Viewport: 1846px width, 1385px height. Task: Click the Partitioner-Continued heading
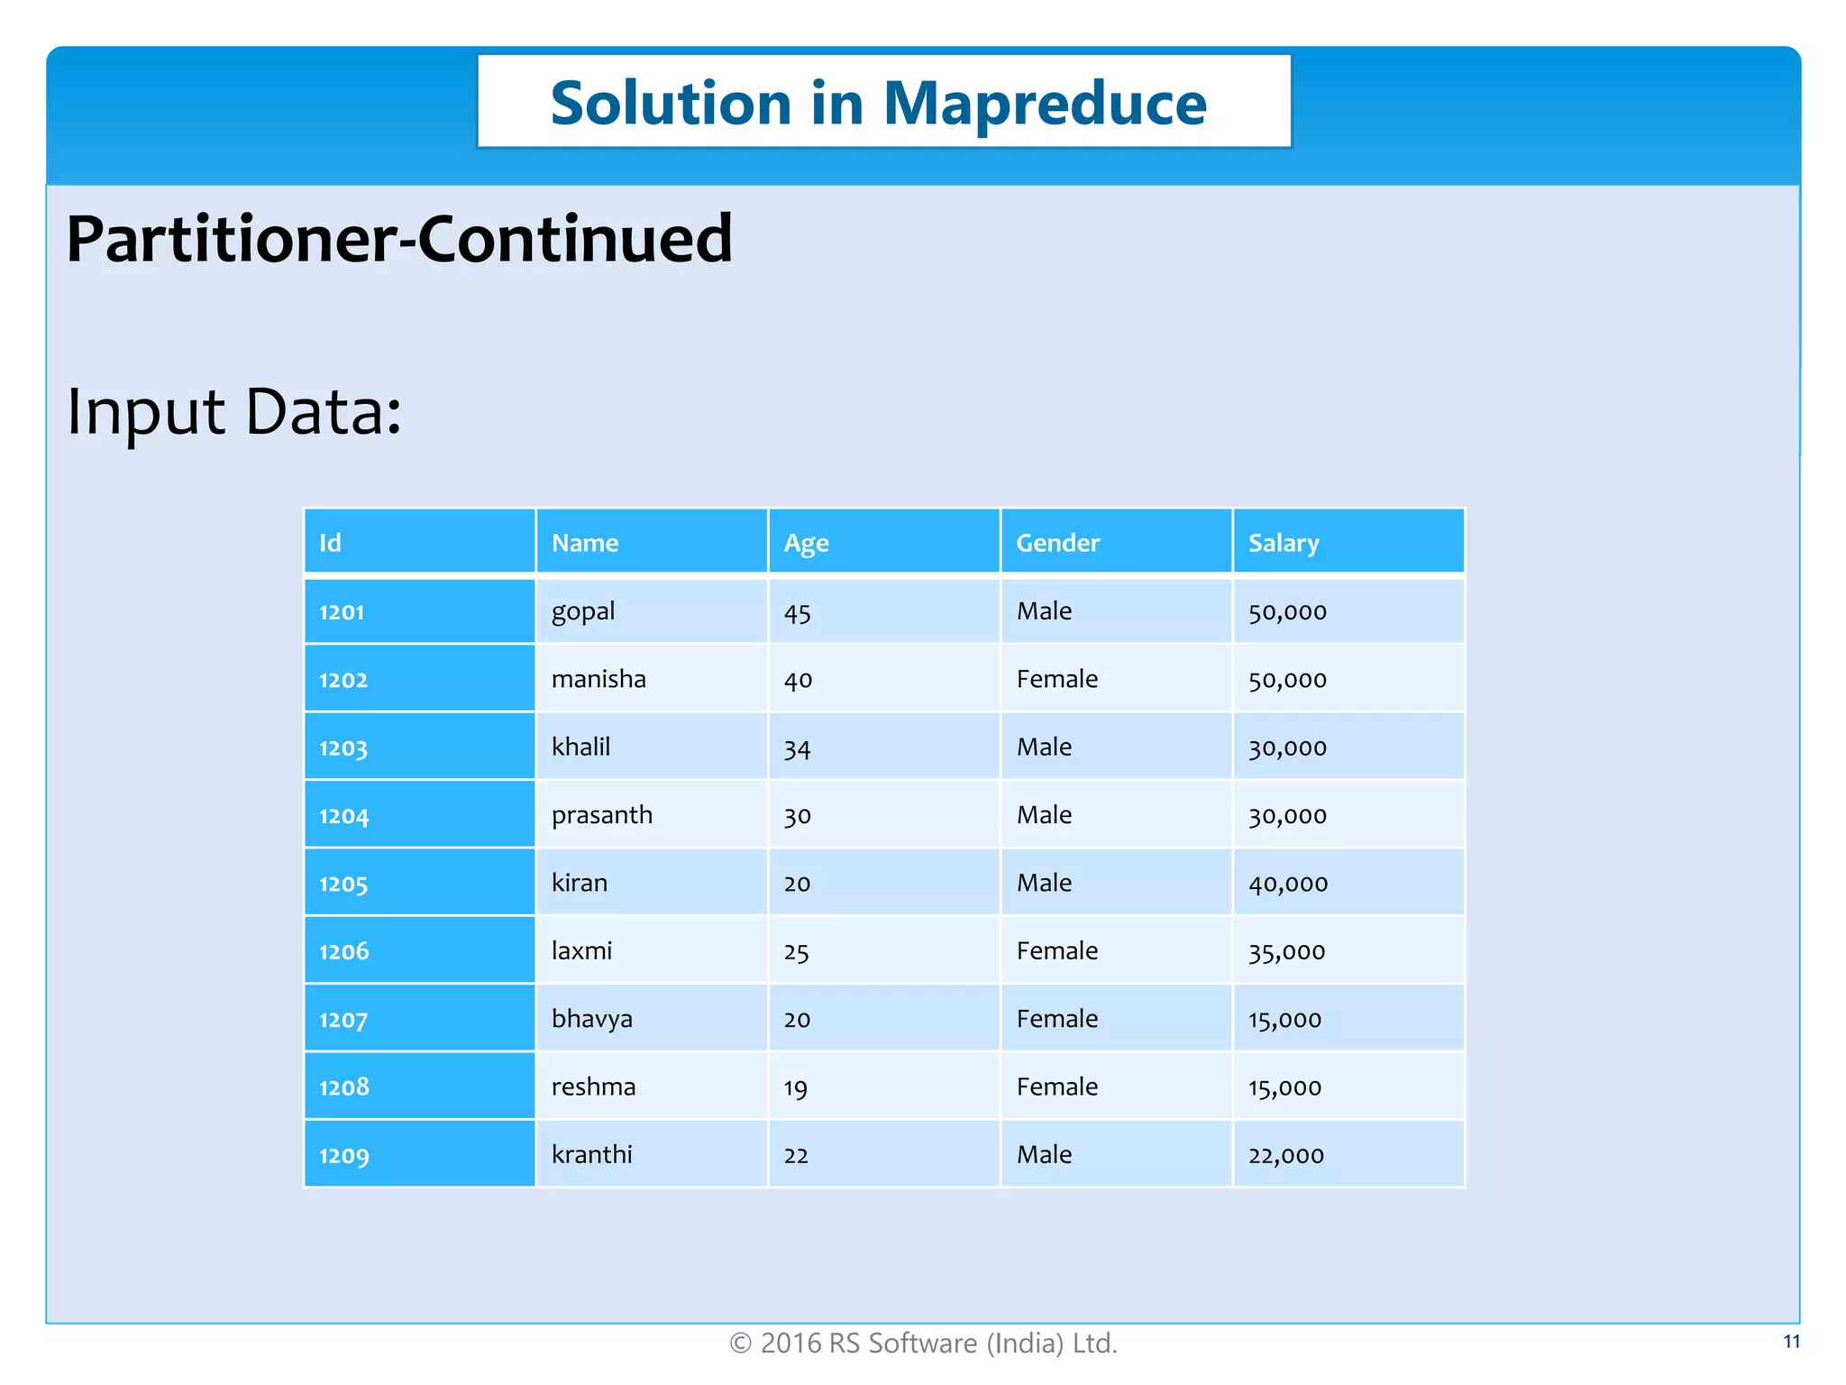399,239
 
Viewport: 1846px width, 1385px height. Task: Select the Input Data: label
234,412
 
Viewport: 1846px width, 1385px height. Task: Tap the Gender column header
1057,543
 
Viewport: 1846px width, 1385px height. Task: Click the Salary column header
1283,543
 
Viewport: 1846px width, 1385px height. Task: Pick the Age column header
806,543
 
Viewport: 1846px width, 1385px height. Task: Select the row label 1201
342,612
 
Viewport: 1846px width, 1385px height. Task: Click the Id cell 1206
343,951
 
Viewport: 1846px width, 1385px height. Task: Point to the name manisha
599,679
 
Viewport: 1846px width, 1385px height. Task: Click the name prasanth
601,815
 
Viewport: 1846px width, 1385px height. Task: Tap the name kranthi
591,1155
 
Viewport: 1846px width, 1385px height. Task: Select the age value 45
797,613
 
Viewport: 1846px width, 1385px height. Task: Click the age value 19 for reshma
795,1088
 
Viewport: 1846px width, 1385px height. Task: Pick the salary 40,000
1287,884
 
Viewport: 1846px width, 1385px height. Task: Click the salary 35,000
1286,952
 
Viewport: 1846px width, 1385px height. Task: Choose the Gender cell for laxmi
1056,951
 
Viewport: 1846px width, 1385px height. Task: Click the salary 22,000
1285,1156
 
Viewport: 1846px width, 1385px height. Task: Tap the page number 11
1791,1342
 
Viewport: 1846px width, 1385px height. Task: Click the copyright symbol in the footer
740,1344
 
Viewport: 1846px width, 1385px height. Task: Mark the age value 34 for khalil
797,748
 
